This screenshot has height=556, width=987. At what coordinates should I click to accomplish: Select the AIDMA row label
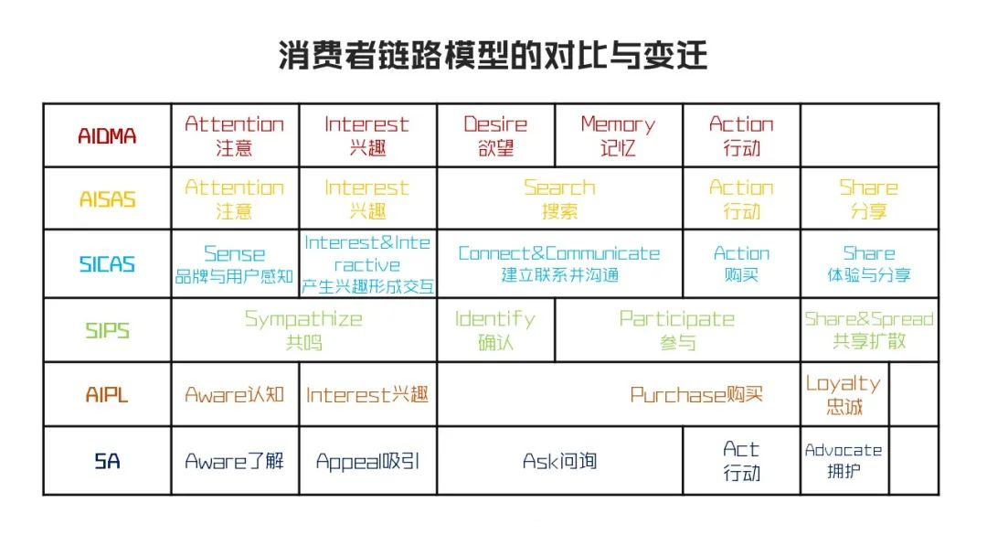coord(107,135)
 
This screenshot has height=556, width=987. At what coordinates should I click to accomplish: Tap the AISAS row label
coord(107,198)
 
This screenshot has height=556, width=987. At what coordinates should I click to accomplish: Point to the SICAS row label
coord(107,264)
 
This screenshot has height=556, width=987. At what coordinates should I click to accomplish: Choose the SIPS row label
coord(107,330)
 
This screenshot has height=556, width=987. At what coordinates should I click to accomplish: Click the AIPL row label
coord(107,395)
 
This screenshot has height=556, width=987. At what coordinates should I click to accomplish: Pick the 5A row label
coord(107,461)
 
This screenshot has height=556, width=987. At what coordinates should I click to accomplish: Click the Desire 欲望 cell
coord(495,135)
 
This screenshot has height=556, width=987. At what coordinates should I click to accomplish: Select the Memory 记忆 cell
coord(618,135)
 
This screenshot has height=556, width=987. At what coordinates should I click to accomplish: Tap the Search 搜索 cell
coord(559,198)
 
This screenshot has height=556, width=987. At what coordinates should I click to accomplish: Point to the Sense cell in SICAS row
coord(235,264)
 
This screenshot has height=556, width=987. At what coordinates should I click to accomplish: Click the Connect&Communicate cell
coord(559,263)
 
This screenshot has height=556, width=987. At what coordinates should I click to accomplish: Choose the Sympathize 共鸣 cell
coord(303,330)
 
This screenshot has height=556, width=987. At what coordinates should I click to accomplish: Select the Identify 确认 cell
coord(495,330)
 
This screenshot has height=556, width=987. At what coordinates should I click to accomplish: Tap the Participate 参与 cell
coord(677,330)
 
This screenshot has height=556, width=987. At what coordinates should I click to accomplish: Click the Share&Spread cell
coord(868,330)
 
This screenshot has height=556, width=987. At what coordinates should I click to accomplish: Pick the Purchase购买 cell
coord(696,395)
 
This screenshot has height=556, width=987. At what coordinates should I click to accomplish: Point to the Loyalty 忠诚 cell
coord(844,395)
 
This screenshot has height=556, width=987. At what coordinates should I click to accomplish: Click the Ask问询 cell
coord(559,461)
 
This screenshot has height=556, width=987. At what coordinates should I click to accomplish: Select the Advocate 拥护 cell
coord(844,461)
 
